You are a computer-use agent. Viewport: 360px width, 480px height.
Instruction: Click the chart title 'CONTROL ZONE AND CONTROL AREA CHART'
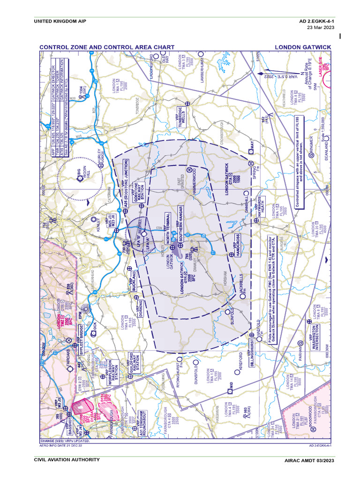[107, 47]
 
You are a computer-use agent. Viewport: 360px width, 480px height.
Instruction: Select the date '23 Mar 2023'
[320, 28]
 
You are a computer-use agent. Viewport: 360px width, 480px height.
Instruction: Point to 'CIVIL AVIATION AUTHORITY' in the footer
[67, 460]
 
